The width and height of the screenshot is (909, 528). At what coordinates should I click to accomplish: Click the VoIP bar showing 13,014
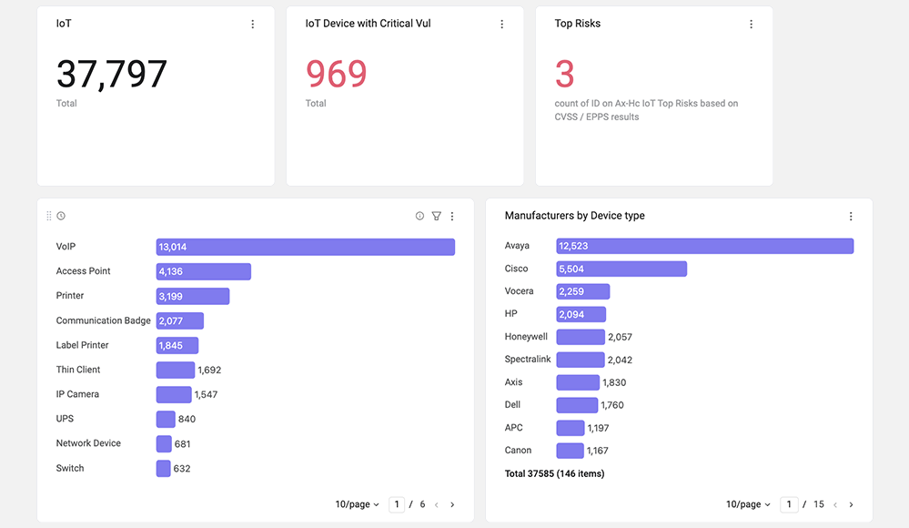click(305, 247)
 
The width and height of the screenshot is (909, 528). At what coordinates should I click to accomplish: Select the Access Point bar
click(204, 271)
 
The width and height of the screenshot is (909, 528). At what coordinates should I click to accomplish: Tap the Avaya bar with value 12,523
click(705, 246)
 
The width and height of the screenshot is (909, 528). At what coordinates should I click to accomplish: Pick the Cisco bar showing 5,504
click(621, 269)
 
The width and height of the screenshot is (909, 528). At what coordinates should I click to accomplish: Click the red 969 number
click(337, 74)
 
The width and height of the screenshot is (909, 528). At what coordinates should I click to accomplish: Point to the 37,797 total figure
click(111, 75)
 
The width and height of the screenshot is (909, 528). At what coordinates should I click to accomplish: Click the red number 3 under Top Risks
click(565, 74)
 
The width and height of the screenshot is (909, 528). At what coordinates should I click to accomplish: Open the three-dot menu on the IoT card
click(253, 24)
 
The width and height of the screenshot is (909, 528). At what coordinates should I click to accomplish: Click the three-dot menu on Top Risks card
click(752, 24)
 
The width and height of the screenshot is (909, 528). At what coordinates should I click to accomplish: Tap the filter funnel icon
click(437, 216)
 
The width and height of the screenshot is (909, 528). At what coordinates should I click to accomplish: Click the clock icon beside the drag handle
click(61, 216)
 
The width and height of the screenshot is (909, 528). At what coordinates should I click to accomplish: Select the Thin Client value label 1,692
click(209, 371)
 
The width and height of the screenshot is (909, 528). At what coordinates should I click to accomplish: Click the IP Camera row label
click(77, 394)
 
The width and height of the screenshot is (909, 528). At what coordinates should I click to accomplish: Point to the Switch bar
click(164, 468)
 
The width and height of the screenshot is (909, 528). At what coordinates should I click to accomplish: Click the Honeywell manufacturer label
click(526, 337)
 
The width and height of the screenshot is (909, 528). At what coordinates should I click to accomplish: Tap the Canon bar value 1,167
click(597, 451)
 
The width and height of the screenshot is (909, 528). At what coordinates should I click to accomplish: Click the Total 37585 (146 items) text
click(554, 473)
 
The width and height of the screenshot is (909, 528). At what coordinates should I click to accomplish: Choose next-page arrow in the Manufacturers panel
click(851, 505)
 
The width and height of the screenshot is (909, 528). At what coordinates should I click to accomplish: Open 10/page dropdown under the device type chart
click(357, 504)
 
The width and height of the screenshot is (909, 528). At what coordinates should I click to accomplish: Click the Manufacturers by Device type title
click(574, 216)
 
